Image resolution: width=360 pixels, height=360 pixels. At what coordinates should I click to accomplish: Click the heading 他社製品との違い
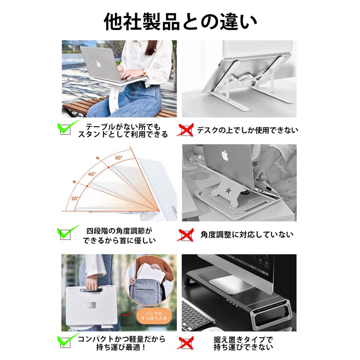coord(180,21)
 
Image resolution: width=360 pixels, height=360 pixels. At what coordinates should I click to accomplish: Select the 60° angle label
coord(119,157)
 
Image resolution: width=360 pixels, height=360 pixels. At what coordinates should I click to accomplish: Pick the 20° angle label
coord(75,198)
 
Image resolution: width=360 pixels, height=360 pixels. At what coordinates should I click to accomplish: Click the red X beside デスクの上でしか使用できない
coord(186,130)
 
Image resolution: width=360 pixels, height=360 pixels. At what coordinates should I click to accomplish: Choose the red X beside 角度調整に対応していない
coord(186,234)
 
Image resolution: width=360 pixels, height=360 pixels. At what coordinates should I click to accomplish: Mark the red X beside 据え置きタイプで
coord(186,342)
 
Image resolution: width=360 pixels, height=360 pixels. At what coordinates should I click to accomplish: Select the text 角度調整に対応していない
coord(247,234)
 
